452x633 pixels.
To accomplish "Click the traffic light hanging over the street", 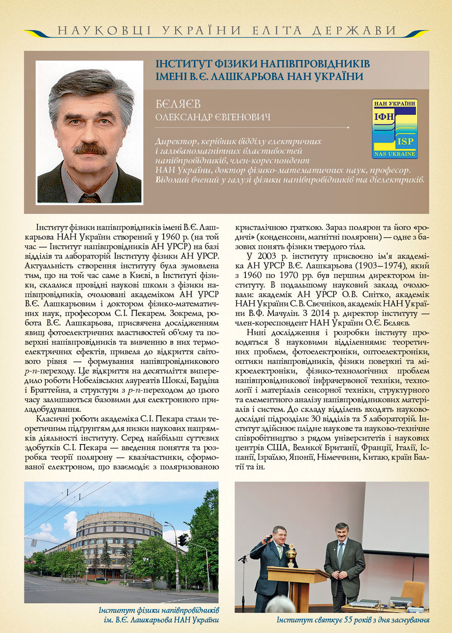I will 182,539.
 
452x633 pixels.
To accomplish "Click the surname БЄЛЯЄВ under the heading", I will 178,104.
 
